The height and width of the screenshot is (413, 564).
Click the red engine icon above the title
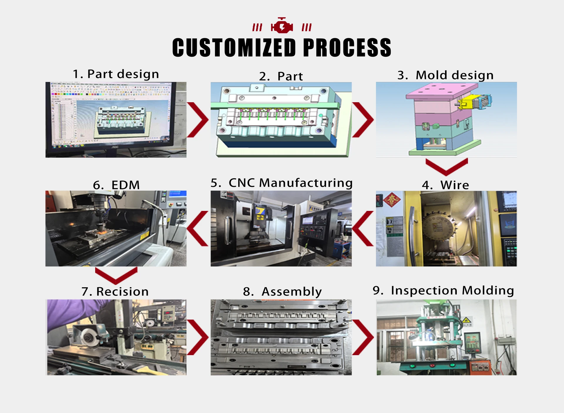282,26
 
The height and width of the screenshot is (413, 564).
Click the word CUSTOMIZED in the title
234,48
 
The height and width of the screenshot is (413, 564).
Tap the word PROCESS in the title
347,48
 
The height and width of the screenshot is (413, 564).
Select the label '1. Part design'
116,74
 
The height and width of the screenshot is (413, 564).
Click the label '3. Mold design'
445,75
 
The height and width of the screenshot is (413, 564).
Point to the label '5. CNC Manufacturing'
281,183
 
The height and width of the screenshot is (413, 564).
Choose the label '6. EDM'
116,185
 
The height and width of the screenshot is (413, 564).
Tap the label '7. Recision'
115,291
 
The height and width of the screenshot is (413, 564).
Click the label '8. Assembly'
282,291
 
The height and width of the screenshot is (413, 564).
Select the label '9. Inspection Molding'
443,290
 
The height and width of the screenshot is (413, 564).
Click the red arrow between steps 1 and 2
198,120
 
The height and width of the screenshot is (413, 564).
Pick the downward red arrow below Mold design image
446,166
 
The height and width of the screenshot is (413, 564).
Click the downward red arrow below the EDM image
116,275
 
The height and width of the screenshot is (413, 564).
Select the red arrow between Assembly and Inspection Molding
363,337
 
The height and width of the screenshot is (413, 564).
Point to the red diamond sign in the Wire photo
392,199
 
